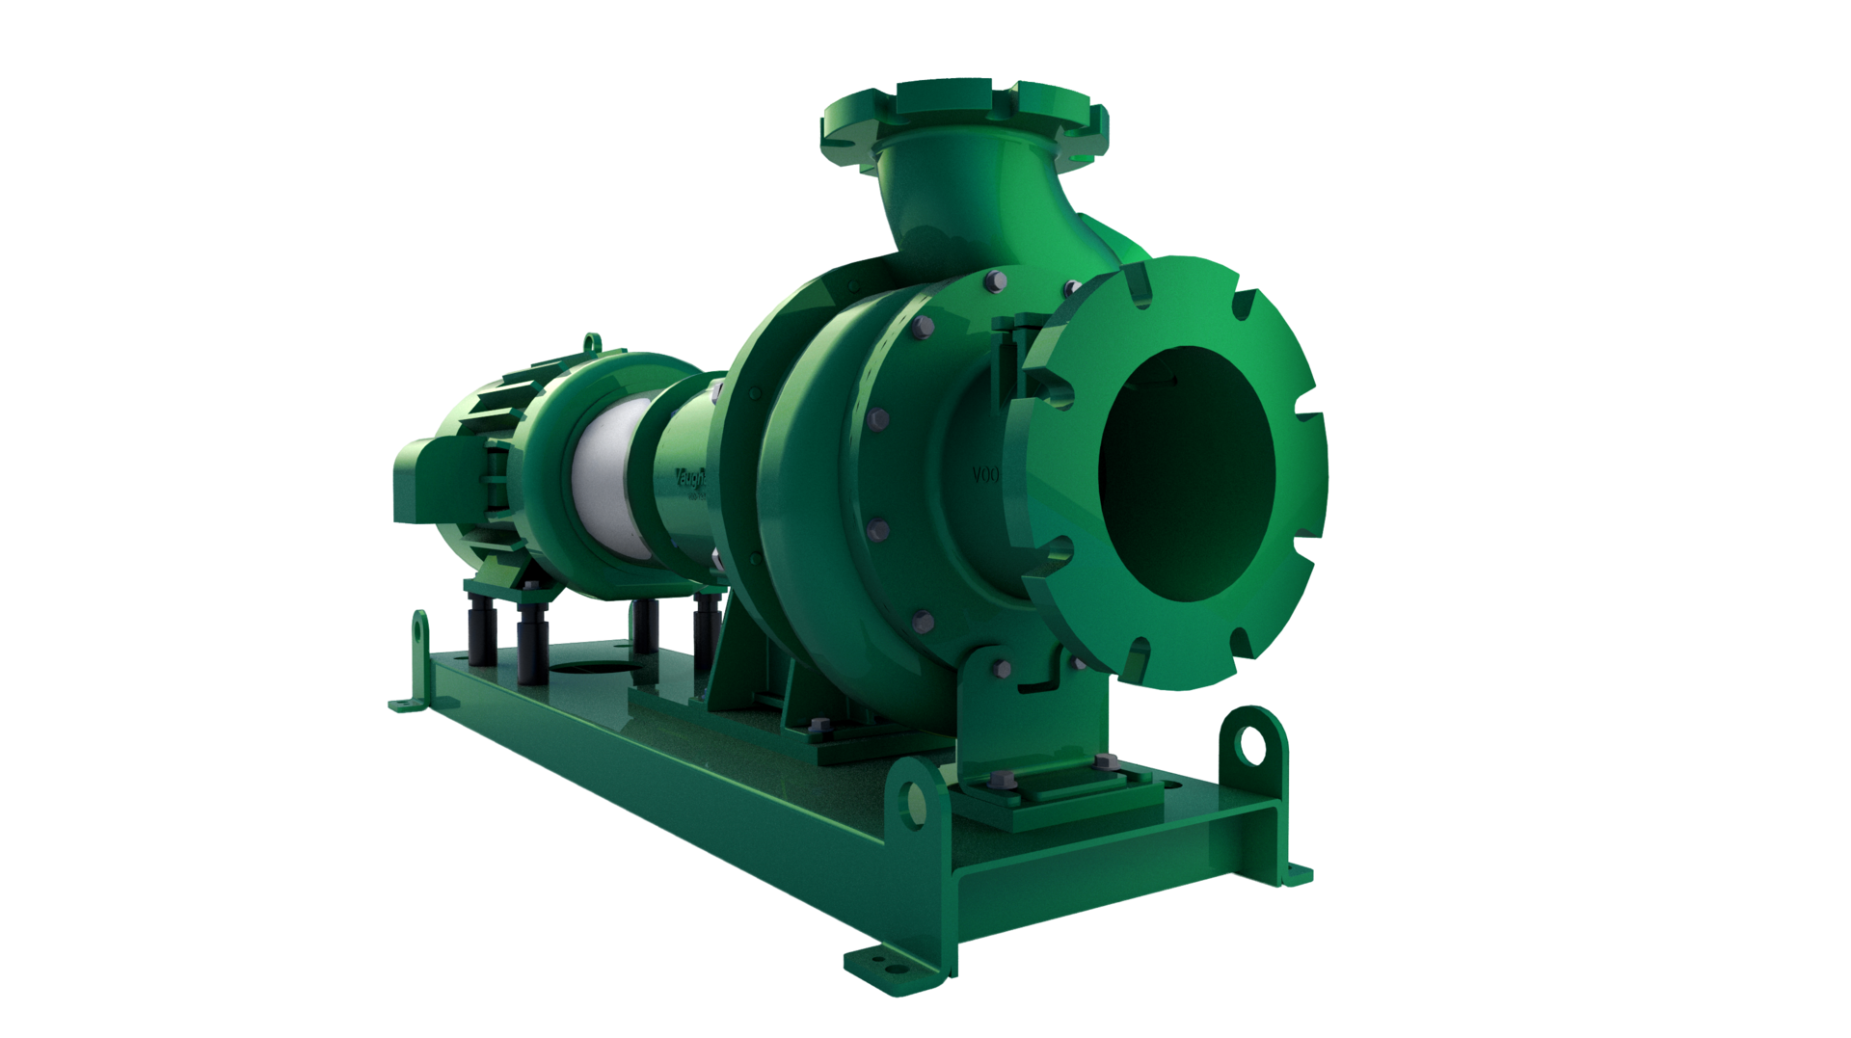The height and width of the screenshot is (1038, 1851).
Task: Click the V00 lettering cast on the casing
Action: pyautogui.click(x=983, y=475)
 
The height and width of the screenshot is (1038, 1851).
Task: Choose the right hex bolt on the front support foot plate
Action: pyautogui.click(x=1101, y=762)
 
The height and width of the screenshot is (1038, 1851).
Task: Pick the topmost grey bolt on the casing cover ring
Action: pyautogui.click(x=996, y=280)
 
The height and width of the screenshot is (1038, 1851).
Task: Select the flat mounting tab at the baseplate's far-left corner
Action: pyautogui.click(x=405, y=704)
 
